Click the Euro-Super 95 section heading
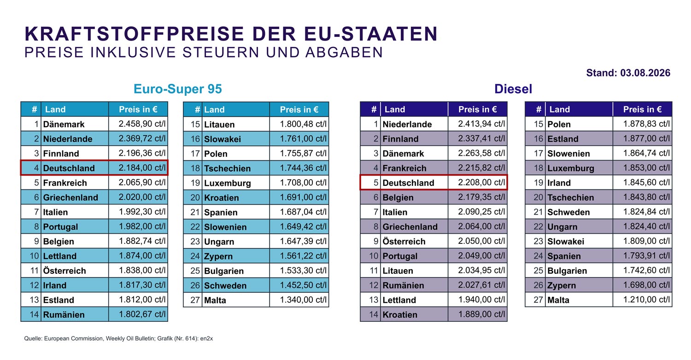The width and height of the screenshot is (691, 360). [x=178, y=89]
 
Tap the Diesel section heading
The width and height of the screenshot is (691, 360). [x=513, y=89]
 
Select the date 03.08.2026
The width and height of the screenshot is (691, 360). [x=645, y=73]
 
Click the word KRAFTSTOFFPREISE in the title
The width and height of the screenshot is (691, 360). [x=135, y=34]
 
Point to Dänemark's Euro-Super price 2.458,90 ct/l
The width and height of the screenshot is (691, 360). [x=142, y=124]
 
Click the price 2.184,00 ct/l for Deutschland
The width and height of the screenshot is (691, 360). [x=142, y=168]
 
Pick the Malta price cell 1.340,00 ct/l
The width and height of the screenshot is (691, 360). [x=303, y=300]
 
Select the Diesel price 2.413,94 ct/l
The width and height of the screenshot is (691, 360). [x=481, y=124]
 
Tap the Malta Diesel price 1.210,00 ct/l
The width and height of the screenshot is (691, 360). [x=647, y=300]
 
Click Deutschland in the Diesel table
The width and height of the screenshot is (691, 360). [x=409, y=183]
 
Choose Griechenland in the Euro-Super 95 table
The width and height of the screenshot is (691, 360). [x=70, y=198]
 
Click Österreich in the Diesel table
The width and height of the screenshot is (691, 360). [x=404, y=242]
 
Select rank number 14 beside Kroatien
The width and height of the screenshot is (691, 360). [x=374, y=315]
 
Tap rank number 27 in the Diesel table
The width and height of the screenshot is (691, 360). [x=539, y=300]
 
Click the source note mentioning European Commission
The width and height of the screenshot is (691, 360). [x=118, y=338]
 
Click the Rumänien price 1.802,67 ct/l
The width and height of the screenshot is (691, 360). [x=142, y=314]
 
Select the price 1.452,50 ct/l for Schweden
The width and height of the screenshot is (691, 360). [x=303, y=285]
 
